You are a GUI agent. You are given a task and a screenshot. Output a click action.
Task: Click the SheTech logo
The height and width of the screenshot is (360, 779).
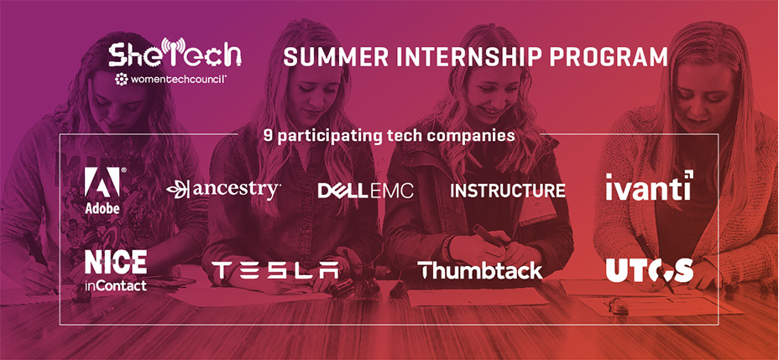pos(175,53)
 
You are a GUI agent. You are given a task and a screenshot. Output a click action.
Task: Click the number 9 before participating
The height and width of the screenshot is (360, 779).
pos(269,136)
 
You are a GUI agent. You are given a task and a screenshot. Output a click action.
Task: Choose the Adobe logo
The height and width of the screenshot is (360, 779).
pos(102,190)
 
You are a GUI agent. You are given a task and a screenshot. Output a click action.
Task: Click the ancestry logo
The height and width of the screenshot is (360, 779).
pos(223,190)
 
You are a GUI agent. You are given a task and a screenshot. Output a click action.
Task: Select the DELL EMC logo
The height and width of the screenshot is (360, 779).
pos(366,191)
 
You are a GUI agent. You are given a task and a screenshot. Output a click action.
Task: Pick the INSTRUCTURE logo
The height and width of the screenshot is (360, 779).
pos(508,190)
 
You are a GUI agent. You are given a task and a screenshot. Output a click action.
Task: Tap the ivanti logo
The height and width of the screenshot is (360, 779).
pos(649,185)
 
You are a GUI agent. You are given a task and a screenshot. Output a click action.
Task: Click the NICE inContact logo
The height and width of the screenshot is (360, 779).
pos(116,270)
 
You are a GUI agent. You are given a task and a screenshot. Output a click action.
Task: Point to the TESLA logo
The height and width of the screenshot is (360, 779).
pos(275,270)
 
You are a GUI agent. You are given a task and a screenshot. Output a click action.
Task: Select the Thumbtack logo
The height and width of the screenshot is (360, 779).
pos(480,270)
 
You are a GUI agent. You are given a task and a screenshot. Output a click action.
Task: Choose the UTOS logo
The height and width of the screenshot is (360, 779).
pos(650,270)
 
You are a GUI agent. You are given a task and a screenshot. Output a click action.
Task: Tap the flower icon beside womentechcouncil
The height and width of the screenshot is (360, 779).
pos(121,79)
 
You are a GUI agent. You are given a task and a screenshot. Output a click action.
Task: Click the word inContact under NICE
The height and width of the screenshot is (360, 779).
pos(116,285)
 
